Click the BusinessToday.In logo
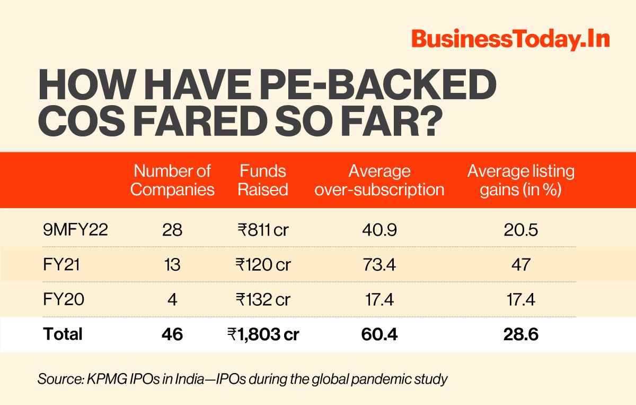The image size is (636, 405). pos(510,40)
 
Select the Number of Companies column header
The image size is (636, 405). pos(172,180)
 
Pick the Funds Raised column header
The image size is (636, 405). pos(263,180)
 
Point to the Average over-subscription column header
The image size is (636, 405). pos(379,180)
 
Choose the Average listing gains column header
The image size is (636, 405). pos(520,180)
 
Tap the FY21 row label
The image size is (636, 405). pos(61,264)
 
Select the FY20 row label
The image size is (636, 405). pos(62,299)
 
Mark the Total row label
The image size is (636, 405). pos(63,334)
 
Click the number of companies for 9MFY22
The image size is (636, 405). pos(172,230)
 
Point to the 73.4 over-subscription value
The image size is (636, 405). pos(379,264)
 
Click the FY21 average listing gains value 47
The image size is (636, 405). pos(520,264)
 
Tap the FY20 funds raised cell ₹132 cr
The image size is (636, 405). pos(263,299)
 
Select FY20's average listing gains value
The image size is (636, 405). pos(520,299)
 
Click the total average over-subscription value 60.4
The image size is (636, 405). pos(379,334)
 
